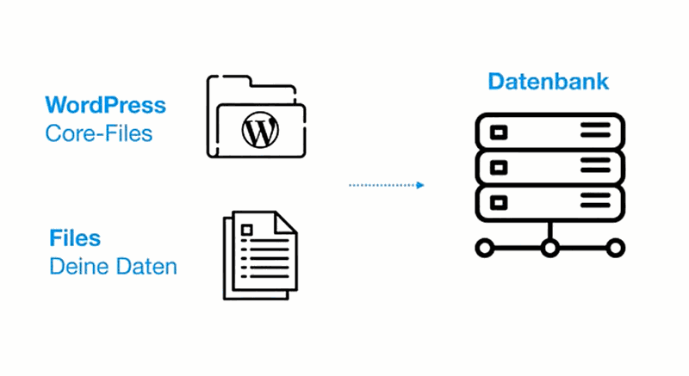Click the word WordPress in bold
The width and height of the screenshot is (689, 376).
(x=105, y=105)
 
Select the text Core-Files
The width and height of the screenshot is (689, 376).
(x=99, y=133)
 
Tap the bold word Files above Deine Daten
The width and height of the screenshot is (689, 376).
(x=75, y=238)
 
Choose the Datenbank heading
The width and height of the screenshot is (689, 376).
(x=549, y=82)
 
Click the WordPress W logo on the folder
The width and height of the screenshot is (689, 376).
(x=260, y=130)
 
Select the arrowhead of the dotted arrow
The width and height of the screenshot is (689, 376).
(x=420, y=185)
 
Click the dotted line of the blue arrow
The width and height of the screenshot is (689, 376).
(x=382, y=185)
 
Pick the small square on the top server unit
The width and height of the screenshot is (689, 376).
(x=499, y=132)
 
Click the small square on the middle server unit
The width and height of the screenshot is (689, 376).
(x=499, y=167)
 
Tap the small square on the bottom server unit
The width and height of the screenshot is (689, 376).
(x=499, y=203)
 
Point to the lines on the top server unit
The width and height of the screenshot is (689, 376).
(x=595, y=130)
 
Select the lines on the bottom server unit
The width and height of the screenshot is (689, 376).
(x=595, y=200)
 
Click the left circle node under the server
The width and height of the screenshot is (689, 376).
(x=485, y=248)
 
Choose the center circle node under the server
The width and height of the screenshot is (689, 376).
(x=549, y=248)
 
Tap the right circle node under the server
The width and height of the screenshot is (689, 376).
(x=615, y=248)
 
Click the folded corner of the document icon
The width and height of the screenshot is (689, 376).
(x=285, y=223)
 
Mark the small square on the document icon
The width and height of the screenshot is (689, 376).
(x=247, y=231)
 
